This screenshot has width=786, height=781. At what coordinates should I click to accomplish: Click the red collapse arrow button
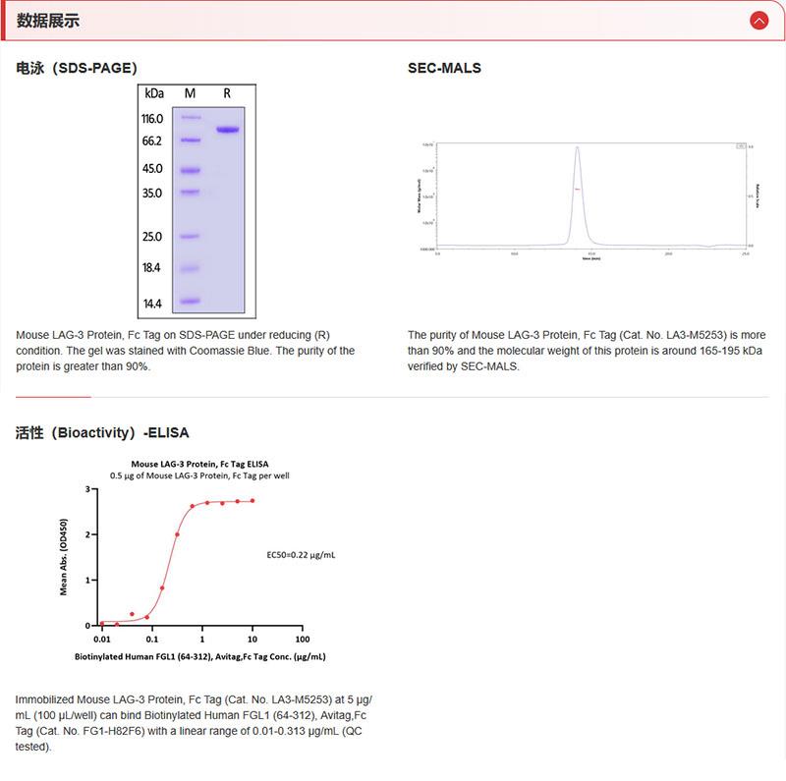pos(758,21)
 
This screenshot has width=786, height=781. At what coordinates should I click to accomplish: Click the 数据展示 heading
pos(48,21)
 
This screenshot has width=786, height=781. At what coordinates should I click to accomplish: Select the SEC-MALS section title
pos(444,68)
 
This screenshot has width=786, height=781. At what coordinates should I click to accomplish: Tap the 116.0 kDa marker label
pos(152,119)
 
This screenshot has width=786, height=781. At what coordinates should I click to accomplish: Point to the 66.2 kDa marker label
pos(152,141)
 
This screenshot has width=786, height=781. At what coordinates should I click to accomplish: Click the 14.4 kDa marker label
pos(152,304)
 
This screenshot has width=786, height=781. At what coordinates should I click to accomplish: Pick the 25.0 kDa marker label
pos(152,237)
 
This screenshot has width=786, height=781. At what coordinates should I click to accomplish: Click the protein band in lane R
pos(228,130)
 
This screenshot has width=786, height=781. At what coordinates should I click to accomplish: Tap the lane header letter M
pos(190,93)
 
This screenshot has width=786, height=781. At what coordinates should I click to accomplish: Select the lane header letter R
pos(227,93)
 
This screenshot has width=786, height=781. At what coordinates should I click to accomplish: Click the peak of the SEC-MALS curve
pos(578,148)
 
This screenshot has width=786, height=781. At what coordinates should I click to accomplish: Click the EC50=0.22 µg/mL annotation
pos(301,555)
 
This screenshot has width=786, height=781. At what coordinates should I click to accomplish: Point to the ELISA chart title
pos(199,464)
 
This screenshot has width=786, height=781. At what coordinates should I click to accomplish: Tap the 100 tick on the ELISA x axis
pos(303,640)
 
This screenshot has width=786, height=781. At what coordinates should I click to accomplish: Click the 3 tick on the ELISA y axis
pos(87,489)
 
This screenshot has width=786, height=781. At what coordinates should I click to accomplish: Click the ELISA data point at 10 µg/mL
pos(253,501)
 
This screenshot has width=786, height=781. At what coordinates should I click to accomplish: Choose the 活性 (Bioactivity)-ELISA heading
pos(102,432)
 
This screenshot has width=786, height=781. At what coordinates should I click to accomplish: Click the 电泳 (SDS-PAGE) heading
pos(77,68)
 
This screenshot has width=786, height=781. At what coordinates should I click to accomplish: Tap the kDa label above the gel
pos(153,93)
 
